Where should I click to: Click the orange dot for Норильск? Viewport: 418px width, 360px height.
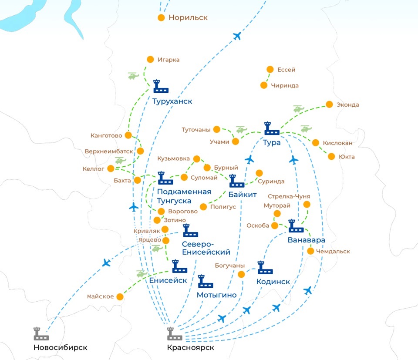click(161, 18)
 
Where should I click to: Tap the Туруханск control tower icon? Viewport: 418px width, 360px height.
click(161, 86)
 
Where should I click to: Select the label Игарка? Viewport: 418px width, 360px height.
click(169, 60)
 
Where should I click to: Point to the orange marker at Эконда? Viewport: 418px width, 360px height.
click(329, 104)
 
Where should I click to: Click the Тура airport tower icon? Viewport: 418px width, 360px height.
click(272, 128)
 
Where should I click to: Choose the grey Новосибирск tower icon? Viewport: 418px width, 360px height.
click(41, 333)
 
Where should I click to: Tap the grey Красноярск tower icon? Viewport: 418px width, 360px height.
click(175, 333)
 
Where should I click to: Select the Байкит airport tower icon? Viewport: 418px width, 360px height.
click(236, 181)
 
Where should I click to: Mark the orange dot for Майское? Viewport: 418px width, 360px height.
click(120, 296)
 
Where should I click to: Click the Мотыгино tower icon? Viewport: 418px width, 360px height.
click(206, 281)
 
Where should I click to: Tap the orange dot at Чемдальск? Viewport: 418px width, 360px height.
click(310, 251)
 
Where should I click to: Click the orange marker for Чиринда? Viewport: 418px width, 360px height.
click(264, 85)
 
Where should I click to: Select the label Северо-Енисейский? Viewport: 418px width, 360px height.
click(206, 248)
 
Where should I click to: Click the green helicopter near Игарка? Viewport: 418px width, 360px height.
click(133, 76)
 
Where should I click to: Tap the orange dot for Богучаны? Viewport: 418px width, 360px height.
click(242, 274)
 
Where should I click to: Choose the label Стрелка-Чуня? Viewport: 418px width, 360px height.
click(289, 196)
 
